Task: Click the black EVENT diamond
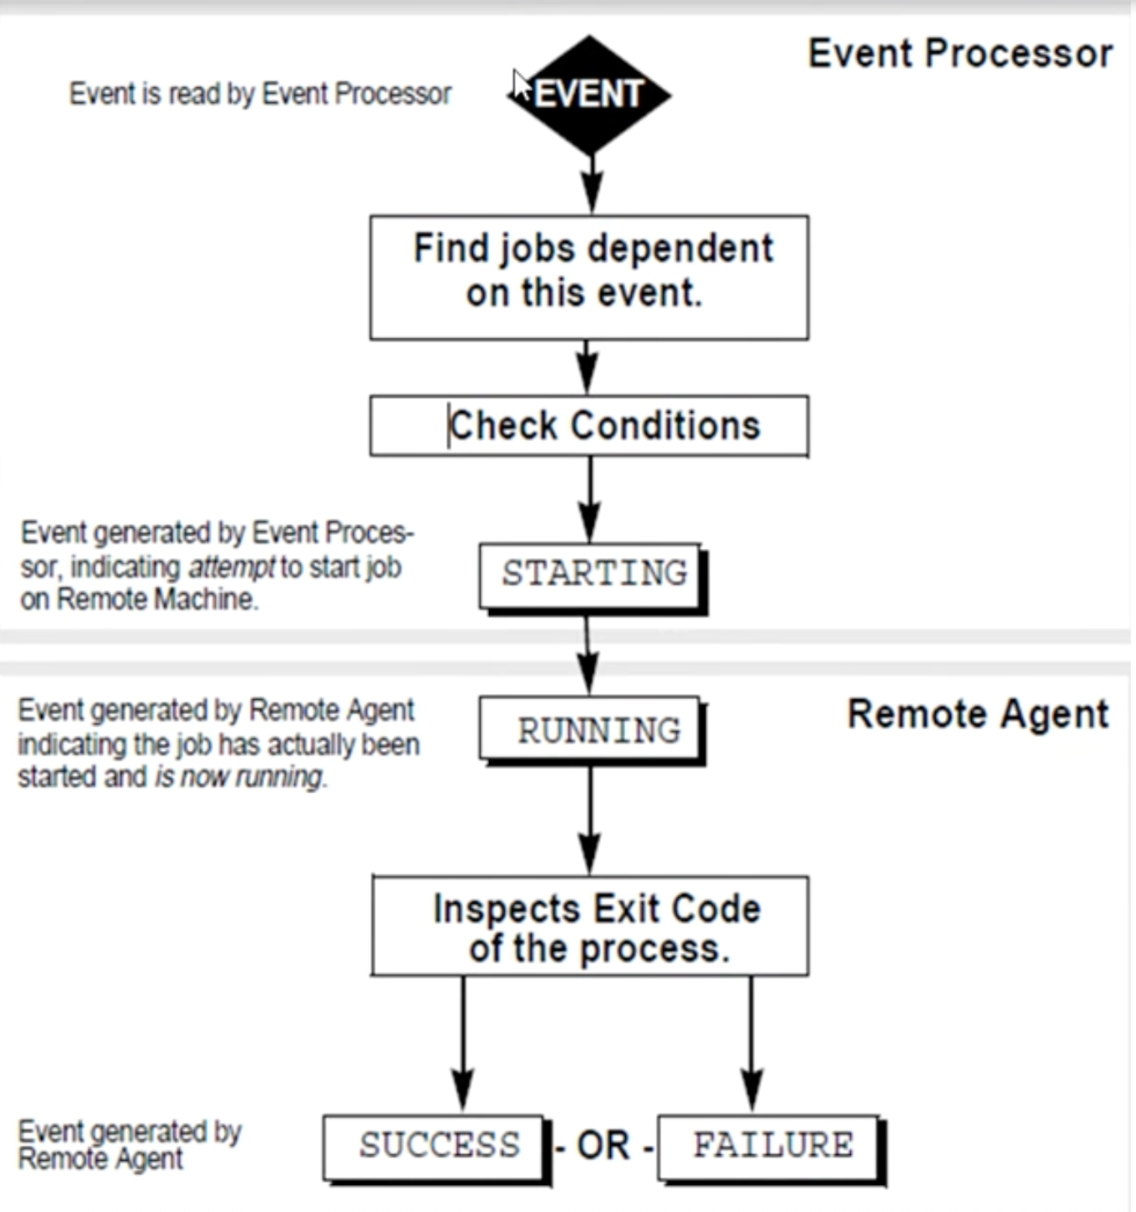point(589,95)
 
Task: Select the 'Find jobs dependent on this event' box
point(589,277)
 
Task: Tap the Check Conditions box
point(589,426)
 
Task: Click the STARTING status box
point(591,575)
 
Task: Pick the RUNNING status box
point(591,729)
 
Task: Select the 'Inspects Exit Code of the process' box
point(591,926)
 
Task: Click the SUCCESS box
point(434,1147)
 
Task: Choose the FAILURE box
point(768,1147)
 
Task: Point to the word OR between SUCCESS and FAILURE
point(603,1147)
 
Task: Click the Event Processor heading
point(960,54)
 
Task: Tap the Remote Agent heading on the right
point(977,714)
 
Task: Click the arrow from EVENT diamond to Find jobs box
point(592,184)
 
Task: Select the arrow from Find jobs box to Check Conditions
point(588,367)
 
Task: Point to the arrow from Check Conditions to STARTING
point(590,499)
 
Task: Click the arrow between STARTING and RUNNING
point(588,654)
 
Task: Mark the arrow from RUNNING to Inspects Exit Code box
point(591,820)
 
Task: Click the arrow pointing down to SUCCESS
point(463,1045)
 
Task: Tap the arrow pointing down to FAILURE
point(751,1045)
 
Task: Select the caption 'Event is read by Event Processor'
point(260,95)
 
